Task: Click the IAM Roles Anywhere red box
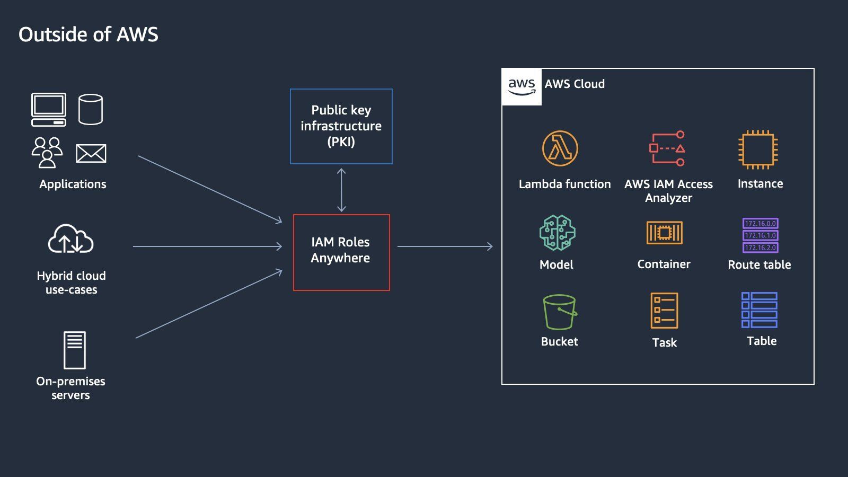(x=341, y=252)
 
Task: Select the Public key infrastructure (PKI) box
(x=341, y=126)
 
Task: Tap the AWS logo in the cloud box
(x=522, y=86)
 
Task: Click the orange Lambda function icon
(x=560, y=148)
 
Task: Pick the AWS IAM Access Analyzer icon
(x=667, y=148)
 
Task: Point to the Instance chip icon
(x=758, y=149)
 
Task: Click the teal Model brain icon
(x=557, y=233)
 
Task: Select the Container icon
(x=664, y=233)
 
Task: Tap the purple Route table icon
(x=760, y=235)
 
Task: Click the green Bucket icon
(x=559, y=312)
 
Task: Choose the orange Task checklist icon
(x=664, y=311)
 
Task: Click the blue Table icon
(x=759, y=310)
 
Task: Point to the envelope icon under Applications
(x=91, y=154)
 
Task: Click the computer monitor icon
(x=49, y=109)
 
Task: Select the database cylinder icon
(x=91, y=109)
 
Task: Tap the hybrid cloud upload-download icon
(x=70, y=240)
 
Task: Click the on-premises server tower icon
(x=74, y=350)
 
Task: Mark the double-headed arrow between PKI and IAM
(x=341, y=190)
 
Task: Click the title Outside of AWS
(x=88, y=34)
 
